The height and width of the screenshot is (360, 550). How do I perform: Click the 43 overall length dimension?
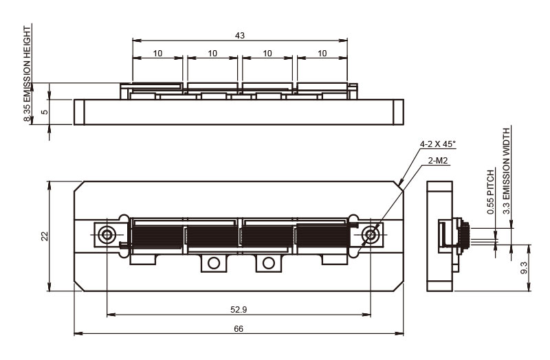tap(240, 36)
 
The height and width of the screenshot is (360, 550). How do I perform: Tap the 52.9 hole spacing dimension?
tap(239, 310)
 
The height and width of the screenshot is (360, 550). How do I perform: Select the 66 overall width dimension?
tap(239, 329)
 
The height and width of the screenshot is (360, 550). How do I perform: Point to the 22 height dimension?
tap(45, 236)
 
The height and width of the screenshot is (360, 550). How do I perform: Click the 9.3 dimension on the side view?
tap(524, 267)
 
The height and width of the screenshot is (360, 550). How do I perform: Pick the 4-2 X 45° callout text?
tap(438, 144)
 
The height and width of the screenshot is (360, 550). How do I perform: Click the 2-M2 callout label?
tap(438, 161)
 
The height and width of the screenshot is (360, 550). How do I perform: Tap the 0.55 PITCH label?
tap(490, 192)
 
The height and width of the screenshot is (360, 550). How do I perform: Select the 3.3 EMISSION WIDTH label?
tap(507, 171)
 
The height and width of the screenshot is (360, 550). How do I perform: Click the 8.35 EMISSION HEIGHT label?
tap(27, 74)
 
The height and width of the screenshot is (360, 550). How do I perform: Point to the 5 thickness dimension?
tap(45, 112)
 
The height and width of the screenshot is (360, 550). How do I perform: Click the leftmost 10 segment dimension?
tap(158, 54)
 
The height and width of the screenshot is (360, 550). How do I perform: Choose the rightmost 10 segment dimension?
tap(322, 54)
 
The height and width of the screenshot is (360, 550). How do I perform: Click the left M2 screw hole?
tap(107, 234)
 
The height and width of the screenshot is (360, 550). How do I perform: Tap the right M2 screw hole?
tap(371, 234)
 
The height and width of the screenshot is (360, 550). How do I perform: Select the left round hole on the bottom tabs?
tap(214, 263)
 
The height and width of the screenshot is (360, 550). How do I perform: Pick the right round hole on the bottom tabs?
tap(268, 263)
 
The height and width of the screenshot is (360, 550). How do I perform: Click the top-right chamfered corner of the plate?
tap(399, 186)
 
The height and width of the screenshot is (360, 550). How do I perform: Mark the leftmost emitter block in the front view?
tap(157, 236)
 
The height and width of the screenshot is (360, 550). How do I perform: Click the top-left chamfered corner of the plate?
tap(79, 186)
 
